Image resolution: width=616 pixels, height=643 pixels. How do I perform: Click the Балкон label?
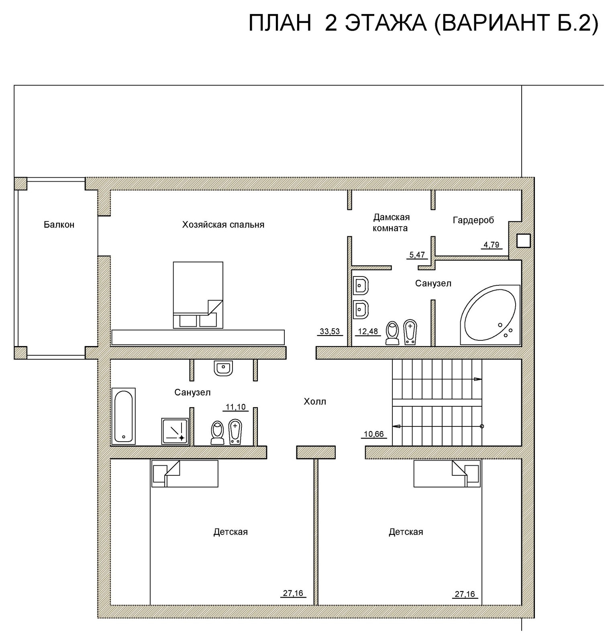(x=59, y=225)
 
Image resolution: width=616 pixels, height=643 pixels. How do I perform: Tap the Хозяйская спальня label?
(x=223, y=225)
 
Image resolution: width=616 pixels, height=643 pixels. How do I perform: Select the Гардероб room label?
(x=473, y=220)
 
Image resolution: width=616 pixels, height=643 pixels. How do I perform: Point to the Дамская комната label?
(x=392, y=223)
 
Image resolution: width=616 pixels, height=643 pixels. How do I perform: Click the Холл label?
(x=315, y=401)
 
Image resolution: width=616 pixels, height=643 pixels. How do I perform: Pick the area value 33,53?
(x=330, y=332)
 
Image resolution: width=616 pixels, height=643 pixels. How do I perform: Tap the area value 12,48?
(x=368, y=332)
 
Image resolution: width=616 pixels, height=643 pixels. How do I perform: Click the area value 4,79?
(x=492, y=245)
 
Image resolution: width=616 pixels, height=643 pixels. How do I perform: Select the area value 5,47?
(x=417, y=255)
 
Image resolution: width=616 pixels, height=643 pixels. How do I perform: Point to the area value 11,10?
(x=236, y=407)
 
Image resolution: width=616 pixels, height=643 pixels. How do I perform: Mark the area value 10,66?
(x=373, y=434)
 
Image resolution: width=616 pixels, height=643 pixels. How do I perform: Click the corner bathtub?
(x=490, y=315)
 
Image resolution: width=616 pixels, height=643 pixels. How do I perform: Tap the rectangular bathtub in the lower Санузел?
(x=123, y=416)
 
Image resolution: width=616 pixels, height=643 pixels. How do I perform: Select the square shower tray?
(x=175, y=431)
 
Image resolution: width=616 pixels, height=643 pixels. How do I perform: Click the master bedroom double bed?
(x=198, y=295)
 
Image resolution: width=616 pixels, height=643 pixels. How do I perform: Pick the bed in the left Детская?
(x=185, y=473)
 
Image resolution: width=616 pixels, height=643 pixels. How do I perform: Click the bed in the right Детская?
(x=447, y=473)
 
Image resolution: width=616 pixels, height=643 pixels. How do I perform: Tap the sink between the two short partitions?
(x=223, y=368)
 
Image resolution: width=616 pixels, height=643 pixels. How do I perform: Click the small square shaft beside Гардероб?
(x=524, y=240)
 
